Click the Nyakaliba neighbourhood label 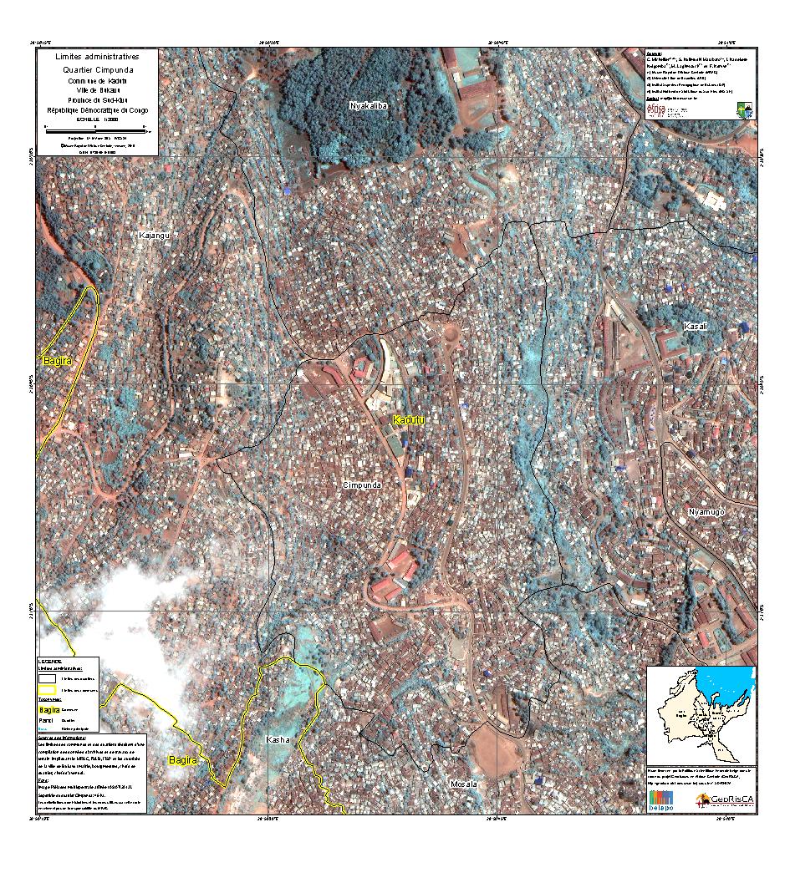pos(369,105)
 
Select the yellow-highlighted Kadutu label pos(409,419)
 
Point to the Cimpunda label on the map pos(362,485)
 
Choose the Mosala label pos(463,784)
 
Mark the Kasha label pos(278,740)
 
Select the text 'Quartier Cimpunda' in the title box pos(93,70)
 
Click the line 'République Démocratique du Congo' pos(93,109)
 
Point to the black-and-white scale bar pos(95,130)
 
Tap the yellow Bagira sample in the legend pos(49,709)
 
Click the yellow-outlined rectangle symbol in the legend pos(48,691)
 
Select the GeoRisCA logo pos(724,800)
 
